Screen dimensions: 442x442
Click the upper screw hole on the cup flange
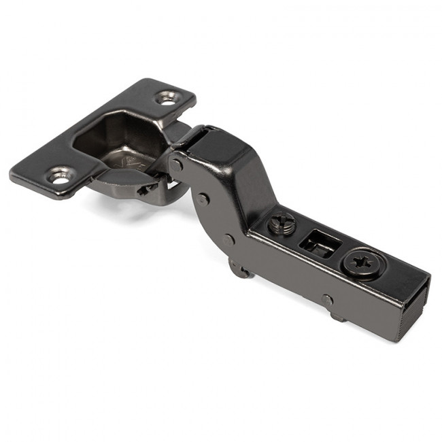pyautogui.click(x=167, y=98)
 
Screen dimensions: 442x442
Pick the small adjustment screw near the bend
pyautogui.click(x=284, y=224)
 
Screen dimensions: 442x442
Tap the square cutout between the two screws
pyautogui.click(x=318, y=243)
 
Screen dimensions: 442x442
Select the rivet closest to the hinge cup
pyautogui.click(x=177, y=165)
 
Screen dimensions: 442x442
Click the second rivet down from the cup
pyautogui.click(x=203, y=199)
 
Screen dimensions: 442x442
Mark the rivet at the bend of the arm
pyautogui.click(x=229, y=239)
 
